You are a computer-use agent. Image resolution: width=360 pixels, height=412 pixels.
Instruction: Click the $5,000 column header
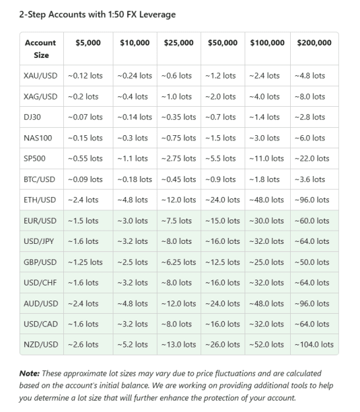(88, 43)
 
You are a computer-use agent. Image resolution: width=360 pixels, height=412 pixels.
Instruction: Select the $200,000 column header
(315, 43)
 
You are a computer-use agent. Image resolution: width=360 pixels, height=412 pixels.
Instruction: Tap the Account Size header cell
(40, 49)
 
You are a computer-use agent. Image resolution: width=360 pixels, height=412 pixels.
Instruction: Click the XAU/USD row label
(40, 76)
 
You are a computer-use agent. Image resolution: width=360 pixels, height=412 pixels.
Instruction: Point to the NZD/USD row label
(41, 345)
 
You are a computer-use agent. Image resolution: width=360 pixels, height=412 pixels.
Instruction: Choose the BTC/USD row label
(40, 179)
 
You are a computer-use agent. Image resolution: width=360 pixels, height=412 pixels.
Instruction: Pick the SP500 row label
(34, 158)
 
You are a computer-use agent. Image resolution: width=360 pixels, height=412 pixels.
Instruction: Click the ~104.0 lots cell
(314, 345)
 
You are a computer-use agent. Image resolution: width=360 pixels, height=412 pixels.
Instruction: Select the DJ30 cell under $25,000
(179, 117)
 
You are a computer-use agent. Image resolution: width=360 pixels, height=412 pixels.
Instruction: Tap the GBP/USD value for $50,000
(223, 262)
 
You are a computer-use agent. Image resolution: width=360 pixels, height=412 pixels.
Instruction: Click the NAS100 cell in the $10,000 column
(133, 138)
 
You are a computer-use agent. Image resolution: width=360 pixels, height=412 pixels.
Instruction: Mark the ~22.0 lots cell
(312, 158)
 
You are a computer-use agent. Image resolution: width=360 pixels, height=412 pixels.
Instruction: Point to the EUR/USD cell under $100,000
(266, 221)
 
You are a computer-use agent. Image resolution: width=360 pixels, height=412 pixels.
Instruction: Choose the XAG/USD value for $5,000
(83, 97)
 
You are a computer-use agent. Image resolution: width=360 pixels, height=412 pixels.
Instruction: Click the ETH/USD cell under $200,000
(312, 200)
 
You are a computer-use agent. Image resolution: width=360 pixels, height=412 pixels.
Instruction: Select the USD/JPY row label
(39, 241)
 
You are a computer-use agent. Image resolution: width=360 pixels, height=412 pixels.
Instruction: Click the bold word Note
(29, 373)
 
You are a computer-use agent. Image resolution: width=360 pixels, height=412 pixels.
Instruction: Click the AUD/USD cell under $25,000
(179, 304)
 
